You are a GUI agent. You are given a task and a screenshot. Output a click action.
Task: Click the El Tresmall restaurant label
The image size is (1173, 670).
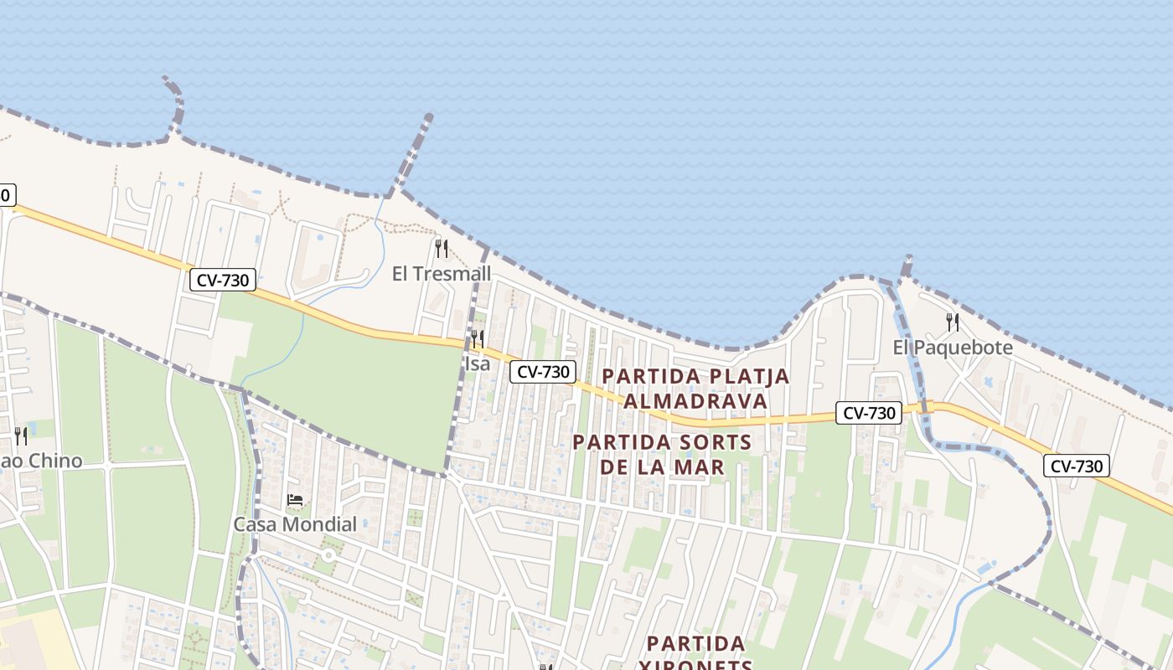[x=442, y=274]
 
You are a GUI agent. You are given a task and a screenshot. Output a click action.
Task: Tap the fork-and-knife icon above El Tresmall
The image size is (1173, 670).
[x=442, y=248]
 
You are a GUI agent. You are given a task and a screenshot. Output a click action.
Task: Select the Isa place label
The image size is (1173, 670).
[x=477, y=363]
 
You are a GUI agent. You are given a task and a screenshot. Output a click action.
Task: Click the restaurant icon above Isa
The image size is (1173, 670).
[x=477, y=338]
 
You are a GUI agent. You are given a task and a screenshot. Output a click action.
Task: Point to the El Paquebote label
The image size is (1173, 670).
[x=953, y=348]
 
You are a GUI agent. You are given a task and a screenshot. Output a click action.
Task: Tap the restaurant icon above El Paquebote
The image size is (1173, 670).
[x=953, y=322]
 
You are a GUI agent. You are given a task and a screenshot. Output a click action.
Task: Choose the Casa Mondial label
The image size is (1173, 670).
[x=295, y=525]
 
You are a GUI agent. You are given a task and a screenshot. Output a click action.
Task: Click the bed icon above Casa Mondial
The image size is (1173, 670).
[x=295, y=501]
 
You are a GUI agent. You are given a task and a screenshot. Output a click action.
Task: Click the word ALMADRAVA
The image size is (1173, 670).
[x=695, y=401]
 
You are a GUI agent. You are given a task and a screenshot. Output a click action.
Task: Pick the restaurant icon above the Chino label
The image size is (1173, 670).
[x=21, y=435]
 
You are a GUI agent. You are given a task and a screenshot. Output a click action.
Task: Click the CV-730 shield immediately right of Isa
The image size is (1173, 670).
[x=543, y=372]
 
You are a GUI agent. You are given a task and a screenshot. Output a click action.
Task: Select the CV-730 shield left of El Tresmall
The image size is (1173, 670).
[x=222, y=280]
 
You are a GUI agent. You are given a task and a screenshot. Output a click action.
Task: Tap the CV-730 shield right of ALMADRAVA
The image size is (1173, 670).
[x=869, y=412]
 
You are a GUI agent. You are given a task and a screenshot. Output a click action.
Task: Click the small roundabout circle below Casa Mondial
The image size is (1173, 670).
[x=328, y=555]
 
